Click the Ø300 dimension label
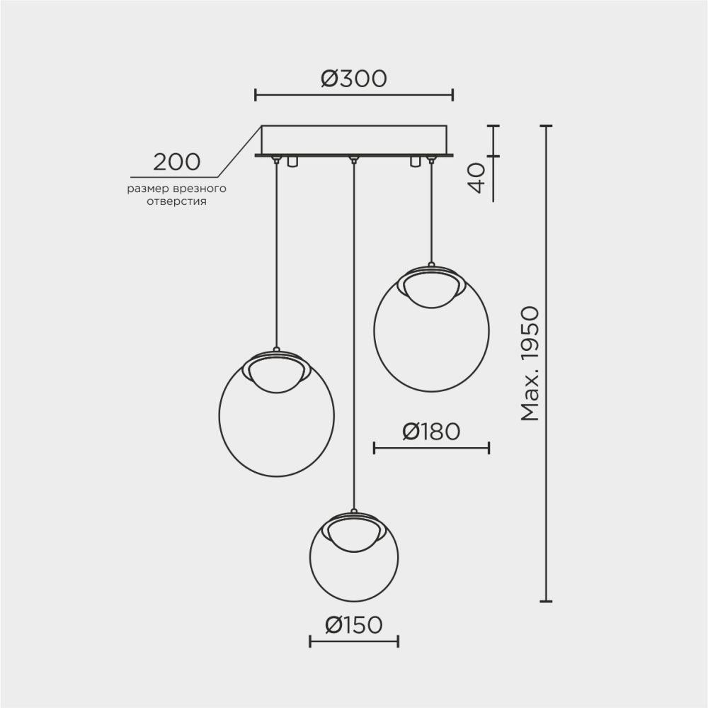coord(353,78)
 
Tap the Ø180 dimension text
coord(431,431)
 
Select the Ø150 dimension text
coord(353,624)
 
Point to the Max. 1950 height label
coord(530,364)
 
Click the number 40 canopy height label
coord(477,178)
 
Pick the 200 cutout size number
coord(177,162)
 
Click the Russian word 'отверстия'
coord(177,201)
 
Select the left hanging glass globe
coord(276,425)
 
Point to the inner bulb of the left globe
coord(276,373)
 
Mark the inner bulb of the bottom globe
coord(354,534)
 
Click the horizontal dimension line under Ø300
coord(354,94)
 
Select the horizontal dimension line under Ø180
coord(431,447)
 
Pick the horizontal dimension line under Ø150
coord(354,641)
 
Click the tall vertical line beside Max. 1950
coord(545,364)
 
